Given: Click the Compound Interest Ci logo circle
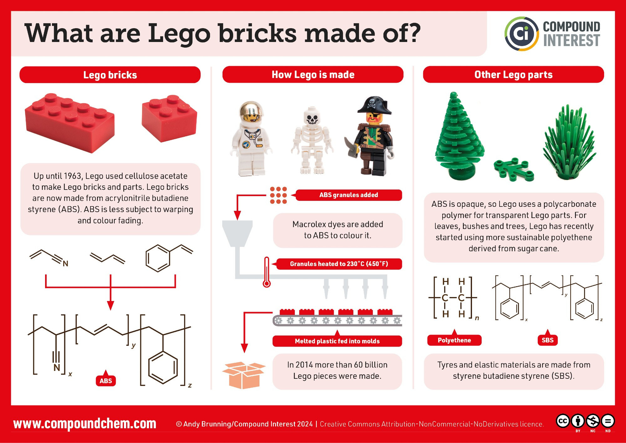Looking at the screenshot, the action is point(521,34).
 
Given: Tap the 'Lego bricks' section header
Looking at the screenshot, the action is point(110,75).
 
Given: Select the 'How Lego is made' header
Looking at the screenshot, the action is point(313,75).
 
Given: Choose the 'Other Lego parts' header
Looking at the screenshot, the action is point(513,75).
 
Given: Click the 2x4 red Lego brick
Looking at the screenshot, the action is point(70,122).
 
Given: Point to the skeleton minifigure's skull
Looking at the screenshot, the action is point(312,117).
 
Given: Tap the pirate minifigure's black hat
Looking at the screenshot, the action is point(374,105).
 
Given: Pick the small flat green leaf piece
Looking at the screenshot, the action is point(513,169).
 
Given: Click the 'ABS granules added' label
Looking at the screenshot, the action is point(348,195).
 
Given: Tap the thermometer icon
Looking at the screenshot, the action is point(267,272).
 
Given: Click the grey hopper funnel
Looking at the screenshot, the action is point(237,233).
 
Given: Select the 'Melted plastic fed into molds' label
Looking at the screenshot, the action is point(337,341).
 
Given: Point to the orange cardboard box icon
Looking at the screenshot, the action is point(244,375).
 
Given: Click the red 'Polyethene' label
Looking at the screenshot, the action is point(454,340).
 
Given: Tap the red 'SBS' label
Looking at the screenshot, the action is point(547,340).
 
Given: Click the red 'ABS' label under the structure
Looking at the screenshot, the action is point(106,381).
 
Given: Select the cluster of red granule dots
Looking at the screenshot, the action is point(278,195).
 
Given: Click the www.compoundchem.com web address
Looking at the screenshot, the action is point(85,424).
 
